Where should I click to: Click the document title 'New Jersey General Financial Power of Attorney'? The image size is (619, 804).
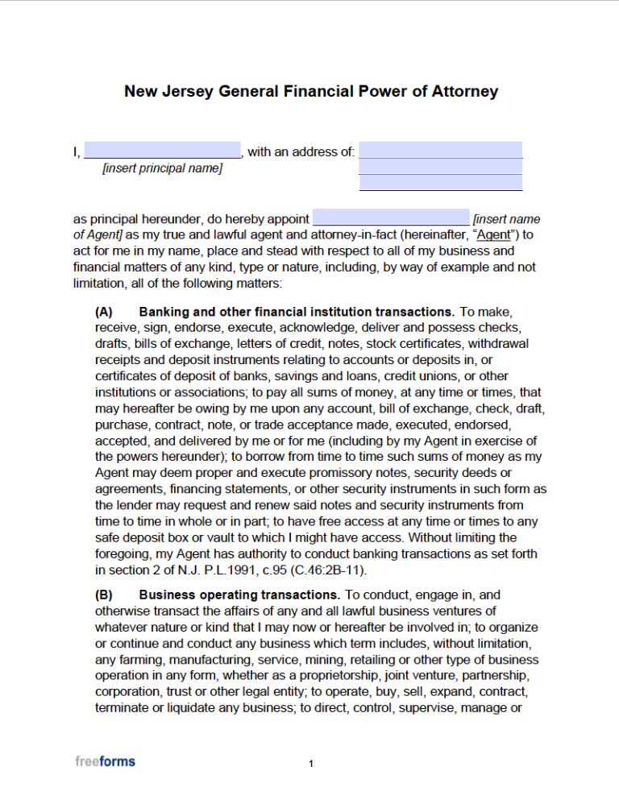[x=310, y=91]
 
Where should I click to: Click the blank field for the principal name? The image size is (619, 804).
[x=162, y=151]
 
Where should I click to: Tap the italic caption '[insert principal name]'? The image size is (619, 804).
[x=162, y=168]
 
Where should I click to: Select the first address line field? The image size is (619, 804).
[x=440, y=151]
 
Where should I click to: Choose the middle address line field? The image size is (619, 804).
[x=440, y=167]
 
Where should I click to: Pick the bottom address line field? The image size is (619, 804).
[x=440, y=183]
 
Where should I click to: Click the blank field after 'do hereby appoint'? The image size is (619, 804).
[x=390, y=218]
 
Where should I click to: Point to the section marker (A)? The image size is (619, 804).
[x=104, y=312]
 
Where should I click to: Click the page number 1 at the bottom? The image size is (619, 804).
[x=310, y=764]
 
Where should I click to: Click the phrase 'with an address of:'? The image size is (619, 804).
[x=301, y=151]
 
